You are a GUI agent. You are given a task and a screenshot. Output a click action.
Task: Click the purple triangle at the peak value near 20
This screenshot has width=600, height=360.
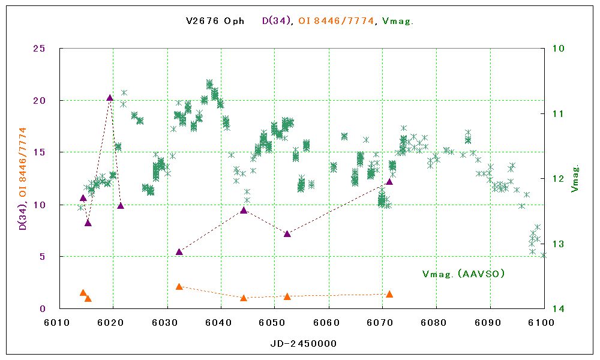pos(110,98)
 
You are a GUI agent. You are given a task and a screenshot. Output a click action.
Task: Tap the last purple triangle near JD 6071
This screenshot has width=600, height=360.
pos(389,181)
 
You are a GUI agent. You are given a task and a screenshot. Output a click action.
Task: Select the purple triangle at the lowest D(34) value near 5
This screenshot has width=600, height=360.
pos(179,252)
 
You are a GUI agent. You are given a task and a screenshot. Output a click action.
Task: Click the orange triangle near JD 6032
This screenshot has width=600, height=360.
pos(179,287)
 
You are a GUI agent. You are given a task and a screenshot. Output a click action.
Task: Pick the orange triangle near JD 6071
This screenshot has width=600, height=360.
pos(389,294)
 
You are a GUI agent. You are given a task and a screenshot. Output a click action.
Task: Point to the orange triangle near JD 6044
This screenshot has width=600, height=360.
pos(244,298)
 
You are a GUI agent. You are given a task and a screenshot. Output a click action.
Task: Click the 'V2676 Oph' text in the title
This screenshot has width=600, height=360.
pos(215,21)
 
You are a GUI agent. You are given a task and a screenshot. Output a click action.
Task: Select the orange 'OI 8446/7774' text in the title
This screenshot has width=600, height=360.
pos(337,21)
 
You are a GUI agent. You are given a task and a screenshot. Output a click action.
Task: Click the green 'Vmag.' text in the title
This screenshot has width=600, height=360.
pos(398,21)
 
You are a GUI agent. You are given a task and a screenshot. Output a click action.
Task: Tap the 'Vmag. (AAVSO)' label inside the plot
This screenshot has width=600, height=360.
pos(463,274)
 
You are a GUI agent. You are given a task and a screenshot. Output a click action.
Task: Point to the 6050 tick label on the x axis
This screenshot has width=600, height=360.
pos(275,323)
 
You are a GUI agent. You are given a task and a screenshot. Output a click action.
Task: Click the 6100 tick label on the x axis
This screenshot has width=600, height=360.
pos(544,323)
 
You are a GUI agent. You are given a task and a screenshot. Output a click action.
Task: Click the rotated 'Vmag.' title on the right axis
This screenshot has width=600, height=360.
pos(575,178)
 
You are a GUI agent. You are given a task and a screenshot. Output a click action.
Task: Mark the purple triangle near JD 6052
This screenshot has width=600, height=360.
pos(287,233)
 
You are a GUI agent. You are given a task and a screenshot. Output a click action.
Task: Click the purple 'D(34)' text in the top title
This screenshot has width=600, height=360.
pos(277,21)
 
